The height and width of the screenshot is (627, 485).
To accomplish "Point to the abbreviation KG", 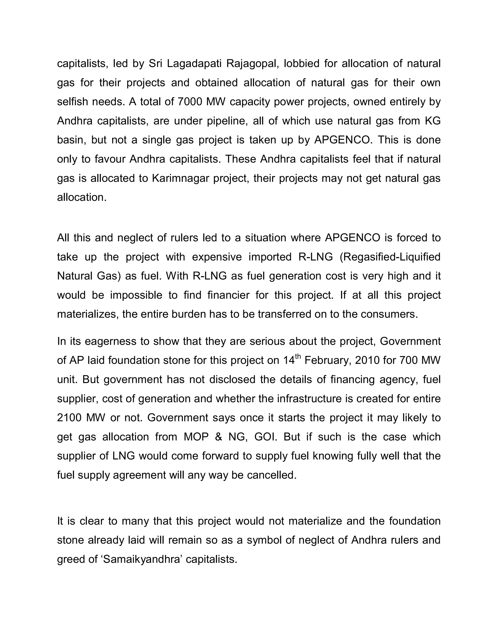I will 433,121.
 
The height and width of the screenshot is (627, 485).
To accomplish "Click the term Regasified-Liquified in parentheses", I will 390,257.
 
